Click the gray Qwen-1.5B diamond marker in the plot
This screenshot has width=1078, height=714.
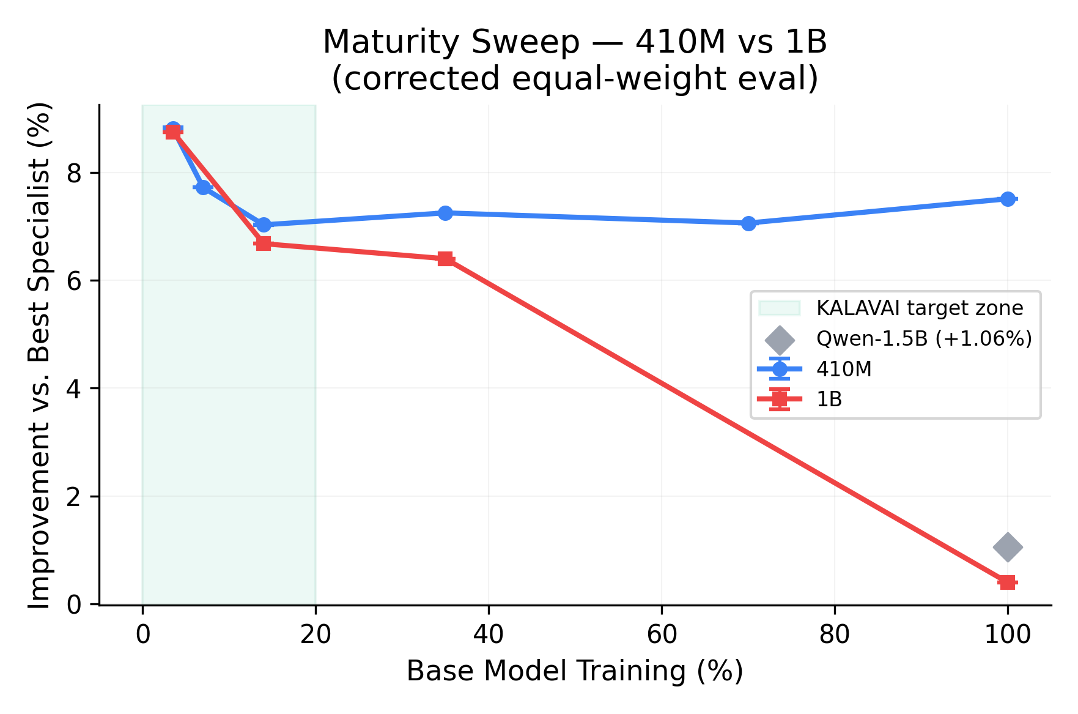pos(1007,546)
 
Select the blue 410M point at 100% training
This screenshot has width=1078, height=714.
pos(1007,199)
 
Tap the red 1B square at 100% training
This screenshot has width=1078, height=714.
pos(1007,582)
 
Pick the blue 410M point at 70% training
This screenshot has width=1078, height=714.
pos(748,223)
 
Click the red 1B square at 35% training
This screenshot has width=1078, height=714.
pos(445,259)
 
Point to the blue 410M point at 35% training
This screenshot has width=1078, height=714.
pos(445,213)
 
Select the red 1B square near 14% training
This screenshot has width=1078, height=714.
pos(263,244)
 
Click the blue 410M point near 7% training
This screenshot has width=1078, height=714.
pos(203,187)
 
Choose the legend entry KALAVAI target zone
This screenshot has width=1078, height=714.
pos(919,308)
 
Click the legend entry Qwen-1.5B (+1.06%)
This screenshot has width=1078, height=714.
pos(923,338)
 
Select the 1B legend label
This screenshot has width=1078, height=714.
pos(829,400)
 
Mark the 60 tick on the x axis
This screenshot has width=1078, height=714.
pos(662,635)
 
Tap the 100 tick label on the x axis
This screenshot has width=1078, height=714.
pos(1007,635)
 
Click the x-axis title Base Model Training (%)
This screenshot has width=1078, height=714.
pos(575,671)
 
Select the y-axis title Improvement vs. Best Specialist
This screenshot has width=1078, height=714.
pos(40,355)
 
